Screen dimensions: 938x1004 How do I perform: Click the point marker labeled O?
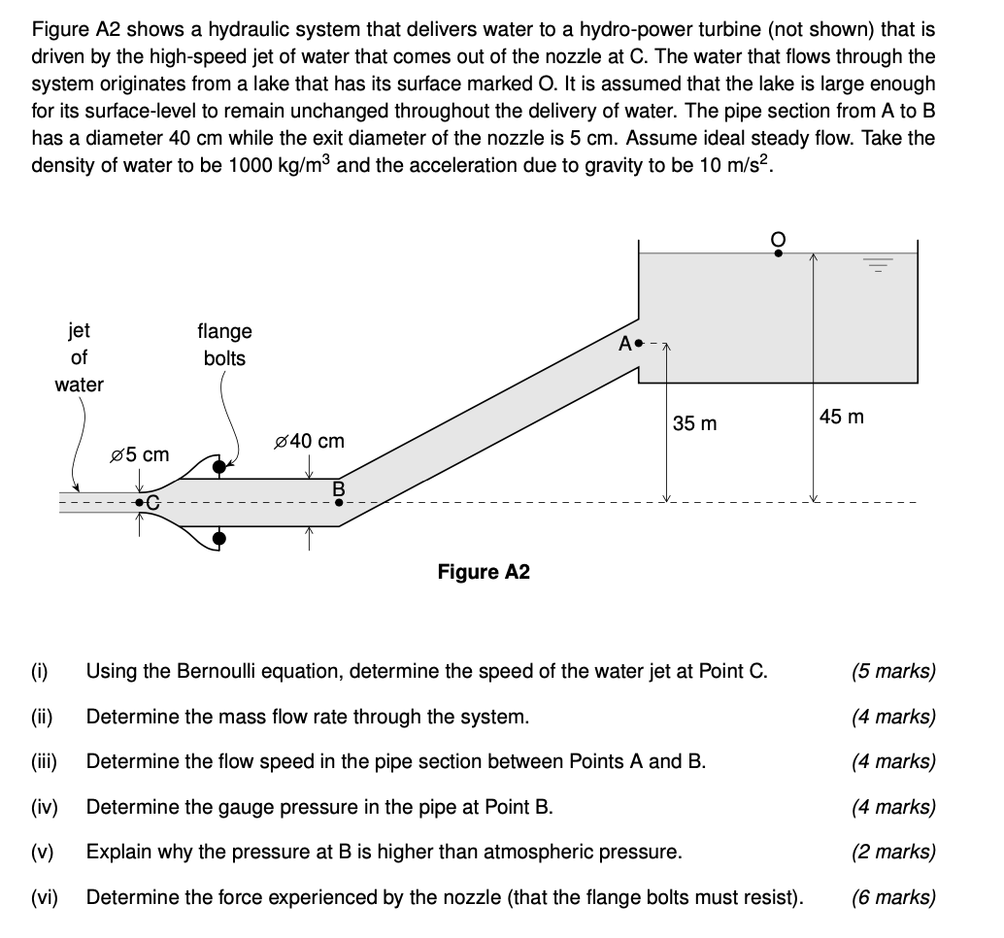pyautogui.click(x=778, y=252)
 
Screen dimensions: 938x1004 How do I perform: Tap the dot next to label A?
pyautogui.click(x=639, y=344)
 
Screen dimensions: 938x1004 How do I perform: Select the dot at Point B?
pyautogui.click(x=339, y=503)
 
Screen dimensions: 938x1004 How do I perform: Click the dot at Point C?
pyautogui.click(x=140, y=503)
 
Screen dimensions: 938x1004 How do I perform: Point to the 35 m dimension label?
pyautogui.click(x=695, y=423)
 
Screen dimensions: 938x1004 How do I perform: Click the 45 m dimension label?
pyautogui.click(x=841, y=418)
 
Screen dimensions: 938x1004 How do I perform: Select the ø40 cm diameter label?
pyautogui.click(x=310, y=441)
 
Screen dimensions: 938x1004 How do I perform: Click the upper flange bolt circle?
pyautogui.click(x=220, y=467)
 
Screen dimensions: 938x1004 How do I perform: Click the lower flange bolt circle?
pyautogui.click(x=220, y=538)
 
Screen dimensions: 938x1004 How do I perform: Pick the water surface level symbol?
pyautogui.click(x=878, y=263)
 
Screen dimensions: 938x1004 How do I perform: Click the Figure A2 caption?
pyautogui.click(x=484, y=572)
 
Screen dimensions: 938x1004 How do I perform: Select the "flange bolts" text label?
pyautogui.click(x=224, y=345)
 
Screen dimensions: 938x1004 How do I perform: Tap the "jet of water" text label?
pyautogui.click(x=79, y=357)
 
